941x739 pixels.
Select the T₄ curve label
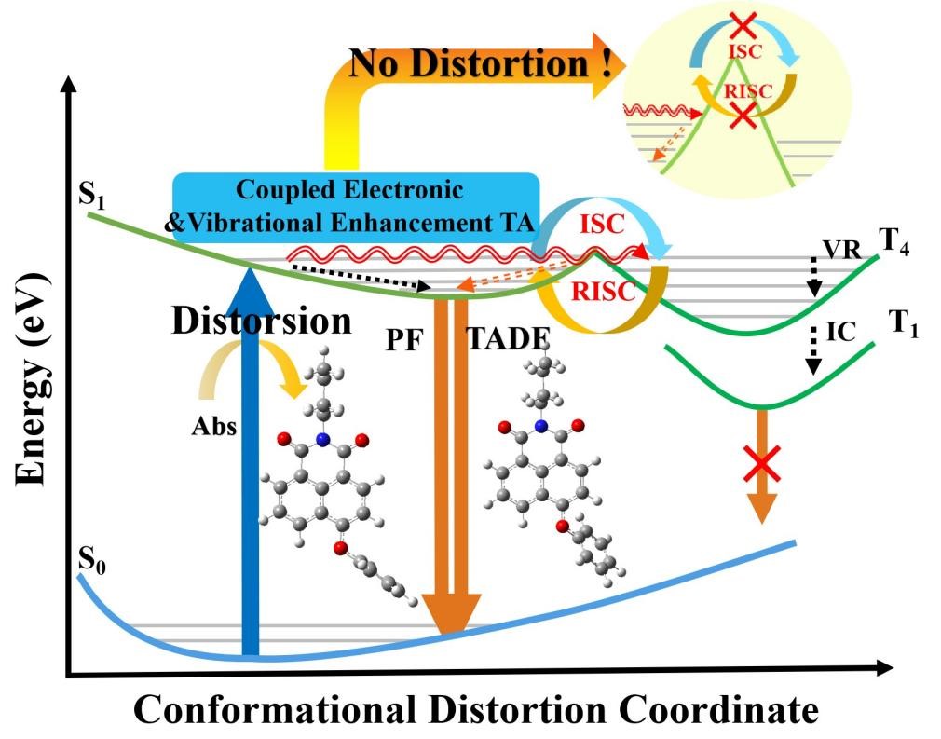click(x=894, y=245)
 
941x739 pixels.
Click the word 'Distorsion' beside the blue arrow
click(x=262, y=320)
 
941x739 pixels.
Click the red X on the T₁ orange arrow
click(x=762, y=462)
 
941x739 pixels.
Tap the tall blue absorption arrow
click(x=249, y=466)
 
